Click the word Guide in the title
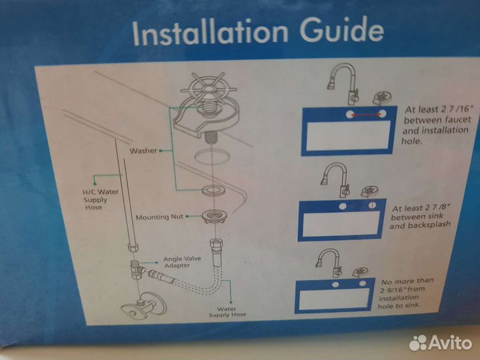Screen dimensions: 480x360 (341, 30)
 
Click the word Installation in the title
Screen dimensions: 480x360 (210, 32)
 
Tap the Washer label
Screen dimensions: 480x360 (143, 151)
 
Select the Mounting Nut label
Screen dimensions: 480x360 (159, 217)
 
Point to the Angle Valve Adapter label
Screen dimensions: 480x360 (182, 262)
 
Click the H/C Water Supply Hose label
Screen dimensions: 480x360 (100, 199)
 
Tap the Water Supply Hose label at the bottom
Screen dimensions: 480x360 (227, 311)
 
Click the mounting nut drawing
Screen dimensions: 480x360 (214, 216)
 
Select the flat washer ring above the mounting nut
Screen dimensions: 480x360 (213, 190)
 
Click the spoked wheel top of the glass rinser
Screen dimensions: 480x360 (208, 88)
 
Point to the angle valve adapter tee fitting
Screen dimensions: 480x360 (137, 269)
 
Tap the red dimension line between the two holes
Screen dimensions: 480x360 (365, 115)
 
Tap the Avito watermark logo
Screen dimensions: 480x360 (440, 342)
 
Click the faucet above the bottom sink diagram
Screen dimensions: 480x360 (329, 263)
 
